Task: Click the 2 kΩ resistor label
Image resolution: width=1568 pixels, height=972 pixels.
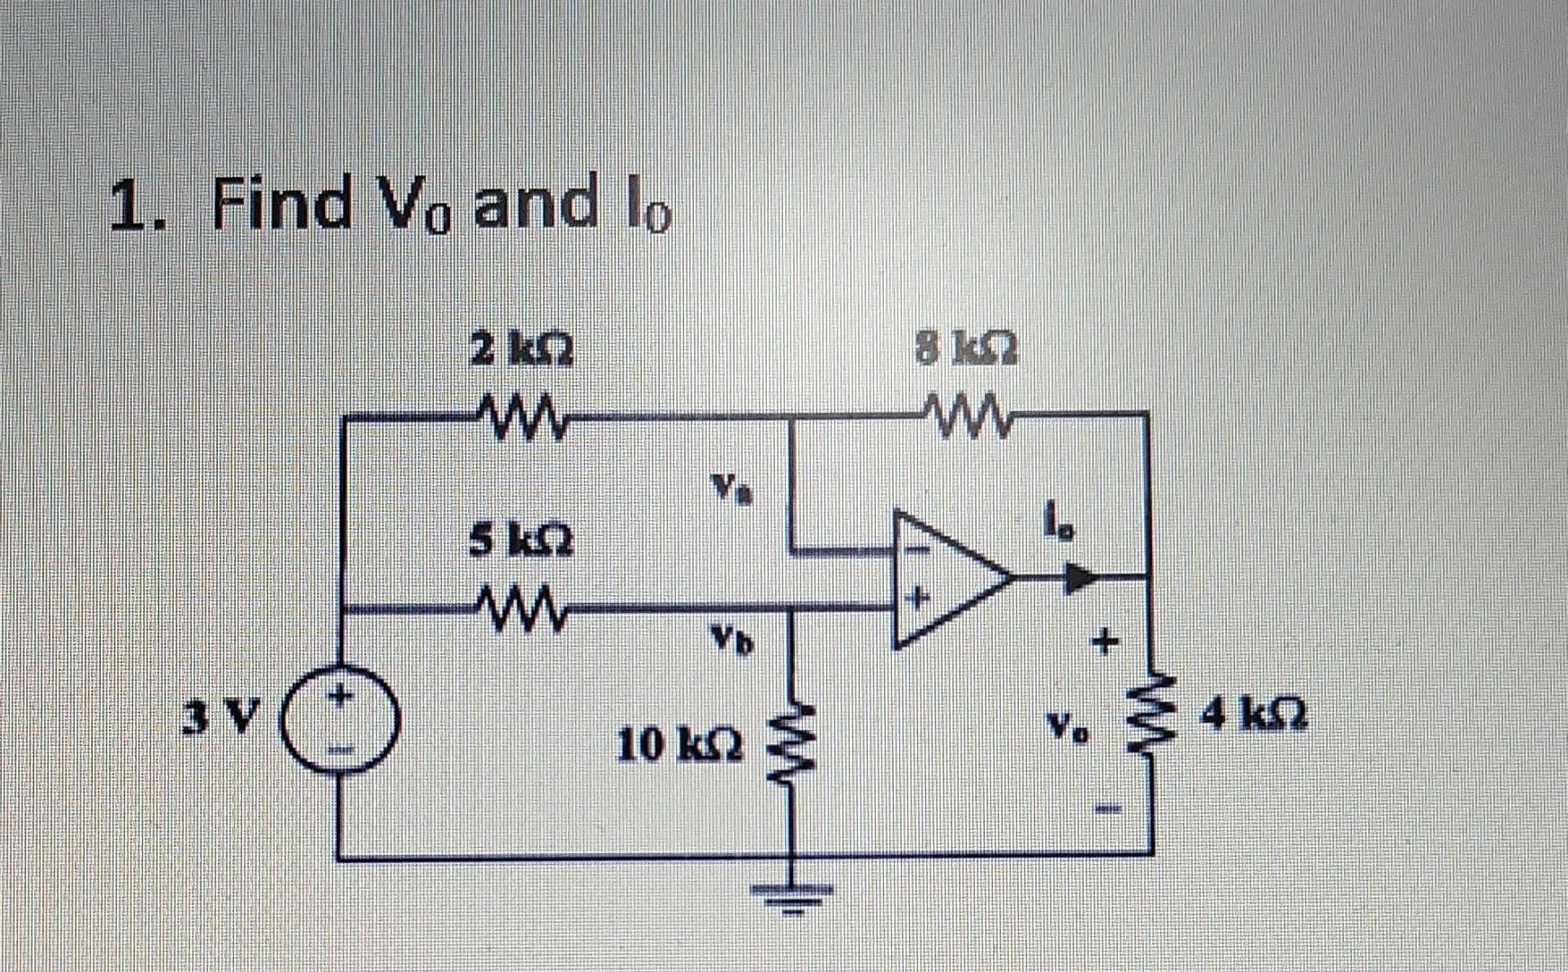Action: click(524, 348)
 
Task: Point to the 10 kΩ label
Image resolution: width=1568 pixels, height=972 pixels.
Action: click(680, 746)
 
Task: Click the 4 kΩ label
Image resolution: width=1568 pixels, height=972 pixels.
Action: click(1257, 717)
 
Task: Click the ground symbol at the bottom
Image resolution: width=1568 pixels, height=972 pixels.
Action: click(793, 893)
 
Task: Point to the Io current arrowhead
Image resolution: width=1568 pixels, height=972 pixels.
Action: click(1080, 577)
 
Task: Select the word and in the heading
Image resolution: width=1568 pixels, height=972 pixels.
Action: click(536, 202)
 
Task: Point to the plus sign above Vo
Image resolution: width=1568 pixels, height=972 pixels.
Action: click(1104, 643)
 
